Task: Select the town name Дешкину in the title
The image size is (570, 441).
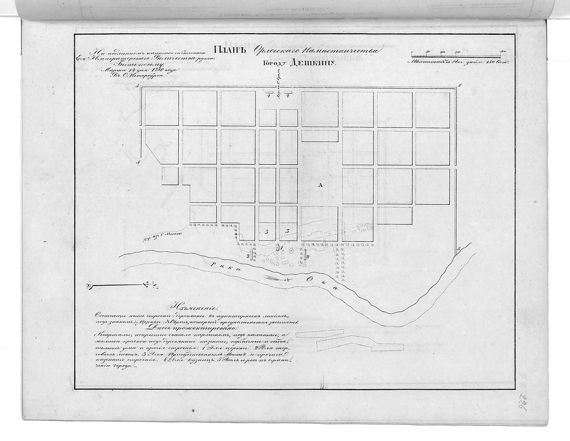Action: coord(312,65)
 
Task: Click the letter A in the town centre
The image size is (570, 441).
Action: coord(320,185)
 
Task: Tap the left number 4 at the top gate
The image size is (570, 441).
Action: coord(268,95)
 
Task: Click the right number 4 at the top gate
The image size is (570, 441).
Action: coord(288,95)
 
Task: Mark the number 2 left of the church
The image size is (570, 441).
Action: coord(249,255)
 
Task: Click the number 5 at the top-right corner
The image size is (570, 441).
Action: coord(460,85)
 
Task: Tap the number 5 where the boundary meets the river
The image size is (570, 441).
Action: coord(459,250)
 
